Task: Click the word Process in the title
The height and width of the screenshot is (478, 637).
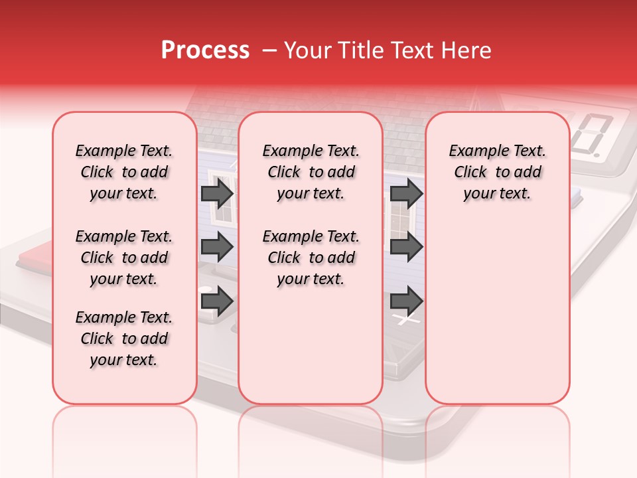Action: pos(205,50)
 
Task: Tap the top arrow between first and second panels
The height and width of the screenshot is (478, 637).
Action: pos(217,194)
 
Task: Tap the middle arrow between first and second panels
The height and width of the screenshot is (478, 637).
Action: pos(217,247)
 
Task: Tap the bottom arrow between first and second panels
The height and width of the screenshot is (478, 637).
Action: pos(217,301)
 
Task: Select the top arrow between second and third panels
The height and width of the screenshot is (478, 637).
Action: pos(406,194)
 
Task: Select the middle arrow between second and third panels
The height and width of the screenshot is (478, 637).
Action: pos(406,247)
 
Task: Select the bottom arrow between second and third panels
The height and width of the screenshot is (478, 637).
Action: pos(406,301)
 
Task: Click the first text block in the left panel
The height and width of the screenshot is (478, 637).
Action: pos(124,172)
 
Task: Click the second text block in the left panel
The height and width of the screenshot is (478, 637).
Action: pos(124,258)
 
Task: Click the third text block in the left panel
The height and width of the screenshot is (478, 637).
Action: pos(124,339)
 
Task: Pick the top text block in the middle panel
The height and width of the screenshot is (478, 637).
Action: pos(311,172)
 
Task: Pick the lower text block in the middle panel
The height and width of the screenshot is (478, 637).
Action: pos(311,258)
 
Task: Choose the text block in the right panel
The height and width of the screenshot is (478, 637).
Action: pos(497,172)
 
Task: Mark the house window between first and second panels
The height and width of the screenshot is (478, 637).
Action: pos(223,212)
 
